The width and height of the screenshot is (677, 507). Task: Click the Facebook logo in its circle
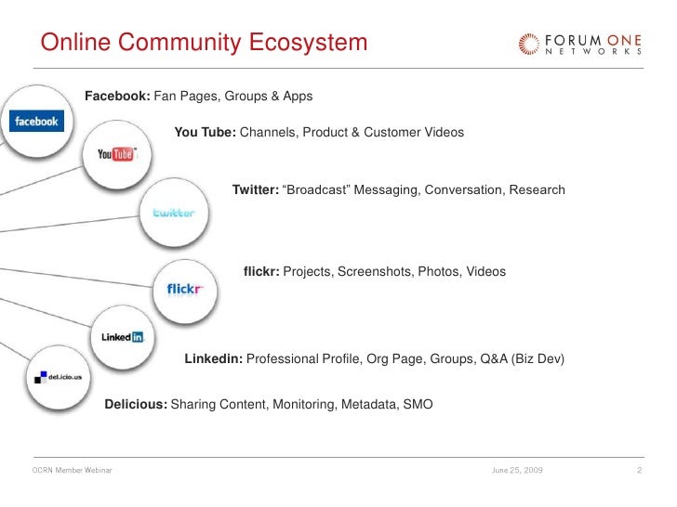tap(35, 122)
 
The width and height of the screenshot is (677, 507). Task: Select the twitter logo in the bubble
tap(174, 213)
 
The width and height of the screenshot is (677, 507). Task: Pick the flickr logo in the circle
tap(185, 289)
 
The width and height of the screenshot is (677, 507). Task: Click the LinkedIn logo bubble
tap(122, 337)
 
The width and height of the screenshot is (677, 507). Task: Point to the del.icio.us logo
tap(56, 377)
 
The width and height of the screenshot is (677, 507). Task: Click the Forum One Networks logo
tap(578, 44)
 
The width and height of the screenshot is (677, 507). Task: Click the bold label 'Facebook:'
tap(117, 97)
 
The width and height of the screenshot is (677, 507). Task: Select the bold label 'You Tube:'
tap(205, 133)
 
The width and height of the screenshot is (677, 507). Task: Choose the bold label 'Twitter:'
tap(255, 190)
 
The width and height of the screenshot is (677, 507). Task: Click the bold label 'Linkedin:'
tap(214, 358)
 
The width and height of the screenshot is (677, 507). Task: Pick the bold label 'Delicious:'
tap(136, 405)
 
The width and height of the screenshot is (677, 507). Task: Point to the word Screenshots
tap(375, 272)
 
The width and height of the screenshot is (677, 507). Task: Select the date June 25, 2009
tap(517, 472)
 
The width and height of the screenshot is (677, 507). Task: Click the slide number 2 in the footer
tap(640, 472)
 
